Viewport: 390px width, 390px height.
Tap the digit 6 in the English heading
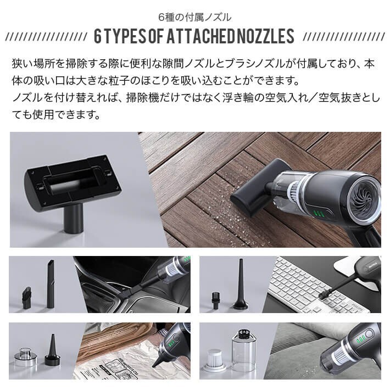coord(98,37)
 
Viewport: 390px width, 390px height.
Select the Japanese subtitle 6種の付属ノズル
coord(194,16)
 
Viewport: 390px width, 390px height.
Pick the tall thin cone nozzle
coord(240,285)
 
